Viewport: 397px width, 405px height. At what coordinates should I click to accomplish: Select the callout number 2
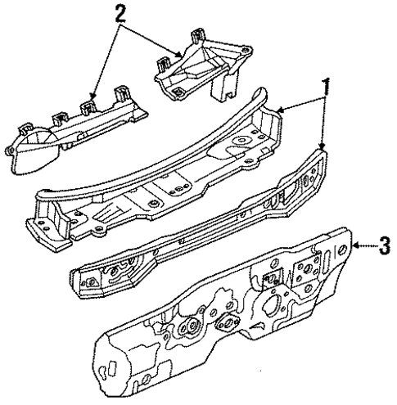pos(120,14)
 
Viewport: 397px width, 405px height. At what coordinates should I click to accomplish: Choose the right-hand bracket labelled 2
pos(201,70)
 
